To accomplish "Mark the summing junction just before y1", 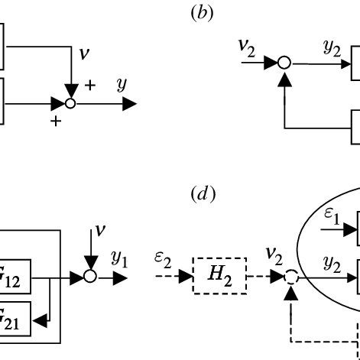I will [90, 276].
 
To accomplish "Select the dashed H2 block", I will [223, 275].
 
